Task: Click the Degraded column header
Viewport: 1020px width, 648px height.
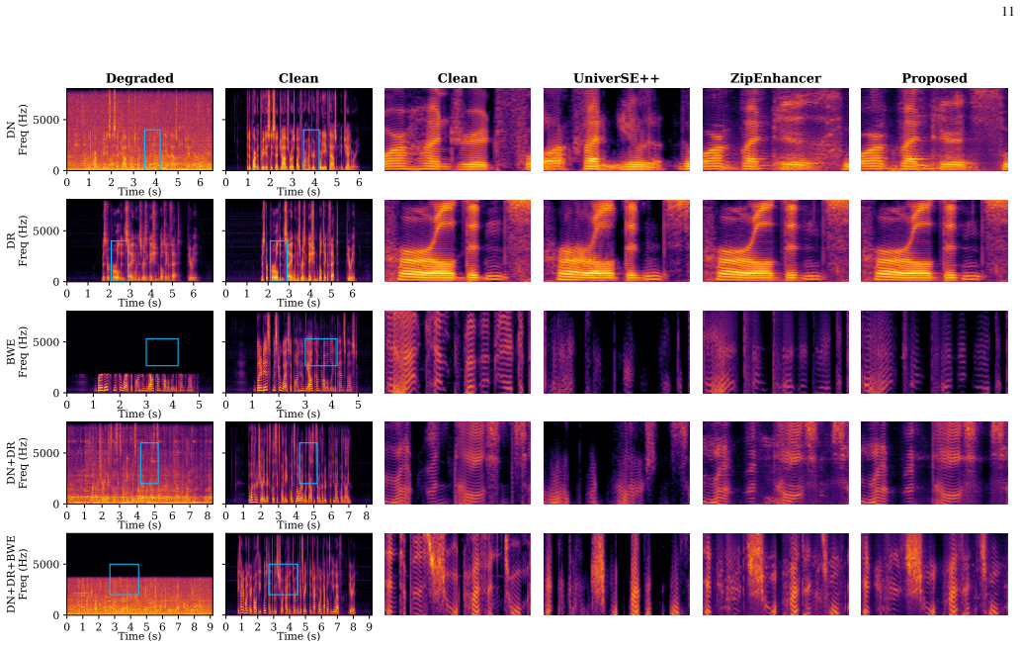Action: click(139, 79)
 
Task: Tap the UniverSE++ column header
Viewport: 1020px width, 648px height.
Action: click(616, 79)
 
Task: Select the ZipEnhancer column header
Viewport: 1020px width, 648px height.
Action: click(776, 79)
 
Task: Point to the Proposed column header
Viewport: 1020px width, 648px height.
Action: click(934, 79)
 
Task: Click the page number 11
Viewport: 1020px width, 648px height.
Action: click(1007, 13)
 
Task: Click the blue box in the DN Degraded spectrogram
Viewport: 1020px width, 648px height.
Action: click(144, 149)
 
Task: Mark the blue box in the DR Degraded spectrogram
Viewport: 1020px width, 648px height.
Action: click(112, 261)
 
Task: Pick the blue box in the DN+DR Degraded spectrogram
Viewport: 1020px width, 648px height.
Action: click(140, 463)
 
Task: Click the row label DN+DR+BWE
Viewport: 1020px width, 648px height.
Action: click(11, 575)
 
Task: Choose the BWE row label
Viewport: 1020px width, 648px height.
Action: click(11, 351)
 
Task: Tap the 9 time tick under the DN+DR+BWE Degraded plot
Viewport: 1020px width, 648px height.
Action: click(211, 626)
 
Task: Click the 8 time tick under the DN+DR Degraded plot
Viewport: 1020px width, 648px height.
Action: click(208, 515)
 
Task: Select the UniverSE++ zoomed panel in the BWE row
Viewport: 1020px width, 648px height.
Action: click(617, 352)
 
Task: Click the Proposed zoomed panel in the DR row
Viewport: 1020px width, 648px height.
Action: click(934, 241)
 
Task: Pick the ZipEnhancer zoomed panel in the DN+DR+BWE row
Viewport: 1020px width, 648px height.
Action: click(776, 575)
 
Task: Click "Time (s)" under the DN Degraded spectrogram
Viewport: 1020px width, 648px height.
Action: click(139, 192)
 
